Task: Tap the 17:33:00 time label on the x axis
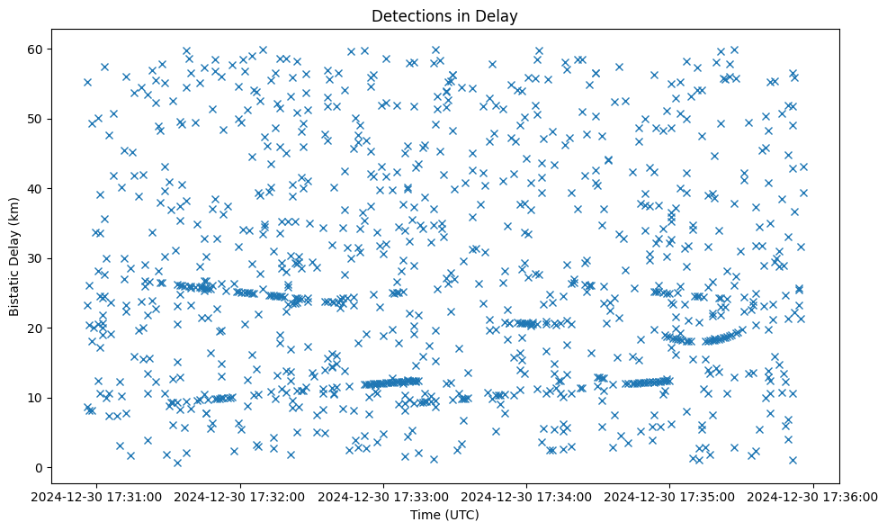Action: [384, 496]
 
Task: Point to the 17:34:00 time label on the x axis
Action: [527, 496]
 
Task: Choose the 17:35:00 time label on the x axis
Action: [670, 496]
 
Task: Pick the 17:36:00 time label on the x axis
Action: [813, 496]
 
